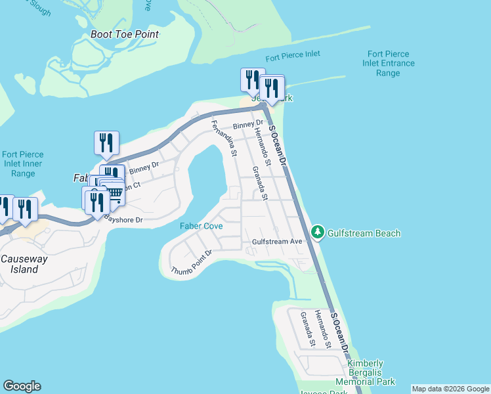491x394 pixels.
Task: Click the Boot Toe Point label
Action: (125, 34)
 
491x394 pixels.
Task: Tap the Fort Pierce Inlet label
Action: (293, 55)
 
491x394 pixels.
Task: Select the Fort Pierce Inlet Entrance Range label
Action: (389, 64)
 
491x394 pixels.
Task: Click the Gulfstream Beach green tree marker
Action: (318, 232)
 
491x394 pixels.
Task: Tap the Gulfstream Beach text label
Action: (364, 233)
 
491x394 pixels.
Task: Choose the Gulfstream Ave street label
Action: (278, 242)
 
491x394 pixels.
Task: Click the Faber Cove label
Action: (202, 226)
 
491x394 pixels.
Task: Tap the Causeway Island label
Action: (24, 264)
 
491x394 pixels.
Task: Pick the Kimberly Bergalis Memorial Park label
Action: (366, 372)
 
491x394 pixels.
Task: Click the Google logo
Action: (22, 386)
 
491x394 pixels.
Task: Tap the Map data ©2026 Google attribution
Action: (450, 389)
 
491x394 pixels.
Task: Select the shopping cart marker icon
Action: (115, 192)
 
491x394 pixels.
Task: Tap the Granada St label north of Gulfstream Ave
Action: (260, 183)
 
